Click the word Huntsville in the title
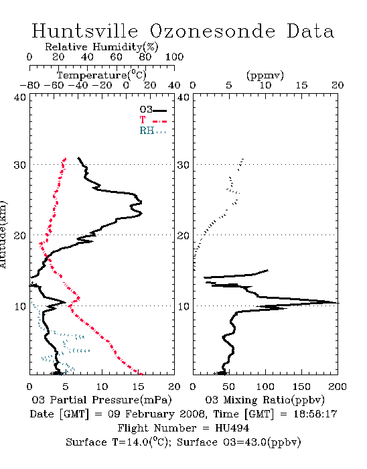click(85, 31)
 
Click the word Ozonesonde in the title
click(212, 31)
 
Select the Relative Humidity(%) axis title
click(102, 47)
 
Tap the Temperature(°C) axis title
click(102, 75)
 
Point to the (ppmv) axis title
click(265, 75)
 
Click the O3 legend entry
click(153, 110)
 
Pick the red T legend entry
click(153, 120)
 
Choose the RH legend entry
click(153, 131)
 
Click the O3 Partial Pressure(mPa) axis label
click(102, 400)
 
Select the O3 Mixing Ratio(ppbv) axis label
click(265, 400)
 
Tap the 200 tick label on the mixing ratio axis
click(338, 387)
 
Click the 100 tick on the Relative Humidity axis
click(174, 57)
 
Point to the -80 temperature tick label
click(29, 86)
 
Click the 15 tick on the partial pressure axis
click(138, 387)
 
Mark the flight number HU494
click(232, 428)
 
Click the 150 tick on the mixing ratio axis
click(301, 387)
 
